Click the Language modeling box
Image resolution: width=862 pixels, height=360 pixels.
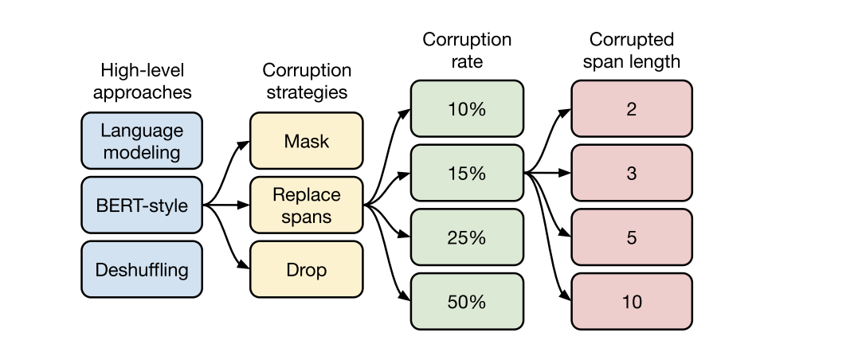click(142, 140)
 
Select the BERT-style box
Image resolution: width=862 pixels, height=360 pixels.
click(142, 205)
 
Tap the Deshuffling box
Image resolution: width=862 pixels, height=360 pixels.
click(142, 270)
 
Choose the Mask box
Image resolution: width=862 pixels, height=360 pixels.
click(306, 141)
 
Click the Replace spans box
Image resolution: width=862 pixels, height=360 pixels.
click(306, 205)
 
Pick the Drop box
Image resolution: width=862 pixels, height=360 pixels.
click(306, 270)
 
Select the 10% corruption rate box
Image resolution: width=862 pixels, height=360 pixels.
click(467, 108)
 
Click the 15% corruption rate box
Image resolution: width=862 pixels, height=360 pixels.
click(467, 173)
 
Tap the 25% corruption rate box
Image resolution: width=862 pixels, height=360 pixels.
click(467, 237)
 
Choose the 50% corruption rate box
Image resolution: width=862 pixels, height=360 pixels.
click(467, 302)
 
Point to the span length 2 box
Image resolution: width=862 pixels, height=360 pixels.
click(631, 108)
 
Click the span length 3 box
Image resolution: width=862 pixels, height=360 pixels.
click(631, 173)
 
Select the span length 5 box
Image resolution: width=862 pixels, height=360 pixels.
click(631, 237)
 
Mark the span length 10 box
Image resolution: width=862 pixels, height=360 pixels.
click(631, 302)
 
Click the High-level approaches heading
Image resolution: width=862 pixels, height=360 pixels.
click(142, 80)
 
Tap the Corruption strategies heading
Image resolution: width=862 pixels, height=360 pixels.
click(306, 80)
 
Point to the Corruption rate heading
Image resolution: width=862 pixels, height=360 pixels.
click(467, 49)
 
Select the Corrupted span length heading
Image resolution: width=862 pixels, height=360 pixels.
click(631, 49)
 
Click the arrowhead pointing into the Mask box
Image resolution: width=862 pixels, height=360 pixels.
click(245, 143)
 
